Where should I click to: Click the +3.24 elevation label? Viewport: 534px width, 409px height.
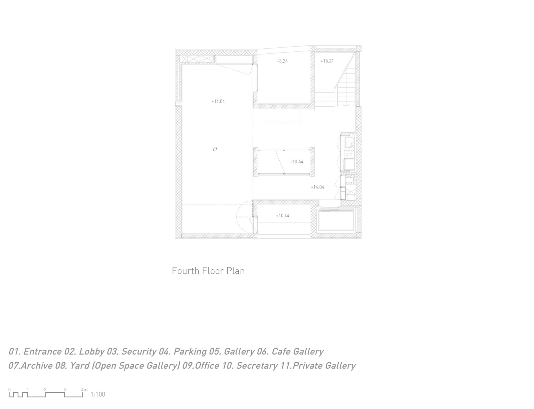coord(282,61)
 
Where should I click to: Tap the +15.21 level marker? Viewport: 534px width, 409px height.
coord(327,61)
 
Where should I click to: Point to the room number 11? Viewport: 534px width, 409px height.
coord(215,149)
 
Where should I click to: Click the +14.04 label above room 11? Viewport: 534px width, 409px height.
coord(218,101)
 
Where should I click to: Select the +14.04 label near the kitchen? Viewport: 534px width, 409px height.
coord(317,187)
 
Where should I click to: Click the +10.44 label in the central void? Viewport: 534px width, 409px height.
coord(297,161)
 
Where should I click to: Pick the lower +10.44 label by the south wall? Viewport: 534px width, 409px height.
coord(282,216)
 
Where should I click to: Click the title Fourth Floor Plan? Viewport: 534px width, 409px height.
coord(208,271)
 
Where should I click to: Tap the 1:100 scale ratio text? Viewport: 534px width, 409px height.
coord(98,394)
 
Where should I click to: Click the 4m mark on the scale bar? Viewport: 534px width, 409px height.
coord(84,390)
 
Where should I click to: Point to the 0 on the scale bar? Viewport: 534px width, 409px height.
coord(9,390)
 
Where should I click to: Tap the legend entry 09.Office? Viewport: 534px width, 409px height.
coord(201,366)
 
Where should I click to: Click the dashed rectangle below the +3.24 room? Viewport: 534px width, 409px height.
coord(284,116)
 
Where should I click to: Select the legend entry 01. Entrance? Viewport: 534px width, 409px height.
coord(35,352)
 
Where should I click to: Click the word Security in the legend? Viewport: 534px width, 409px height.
coord(139,352)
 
